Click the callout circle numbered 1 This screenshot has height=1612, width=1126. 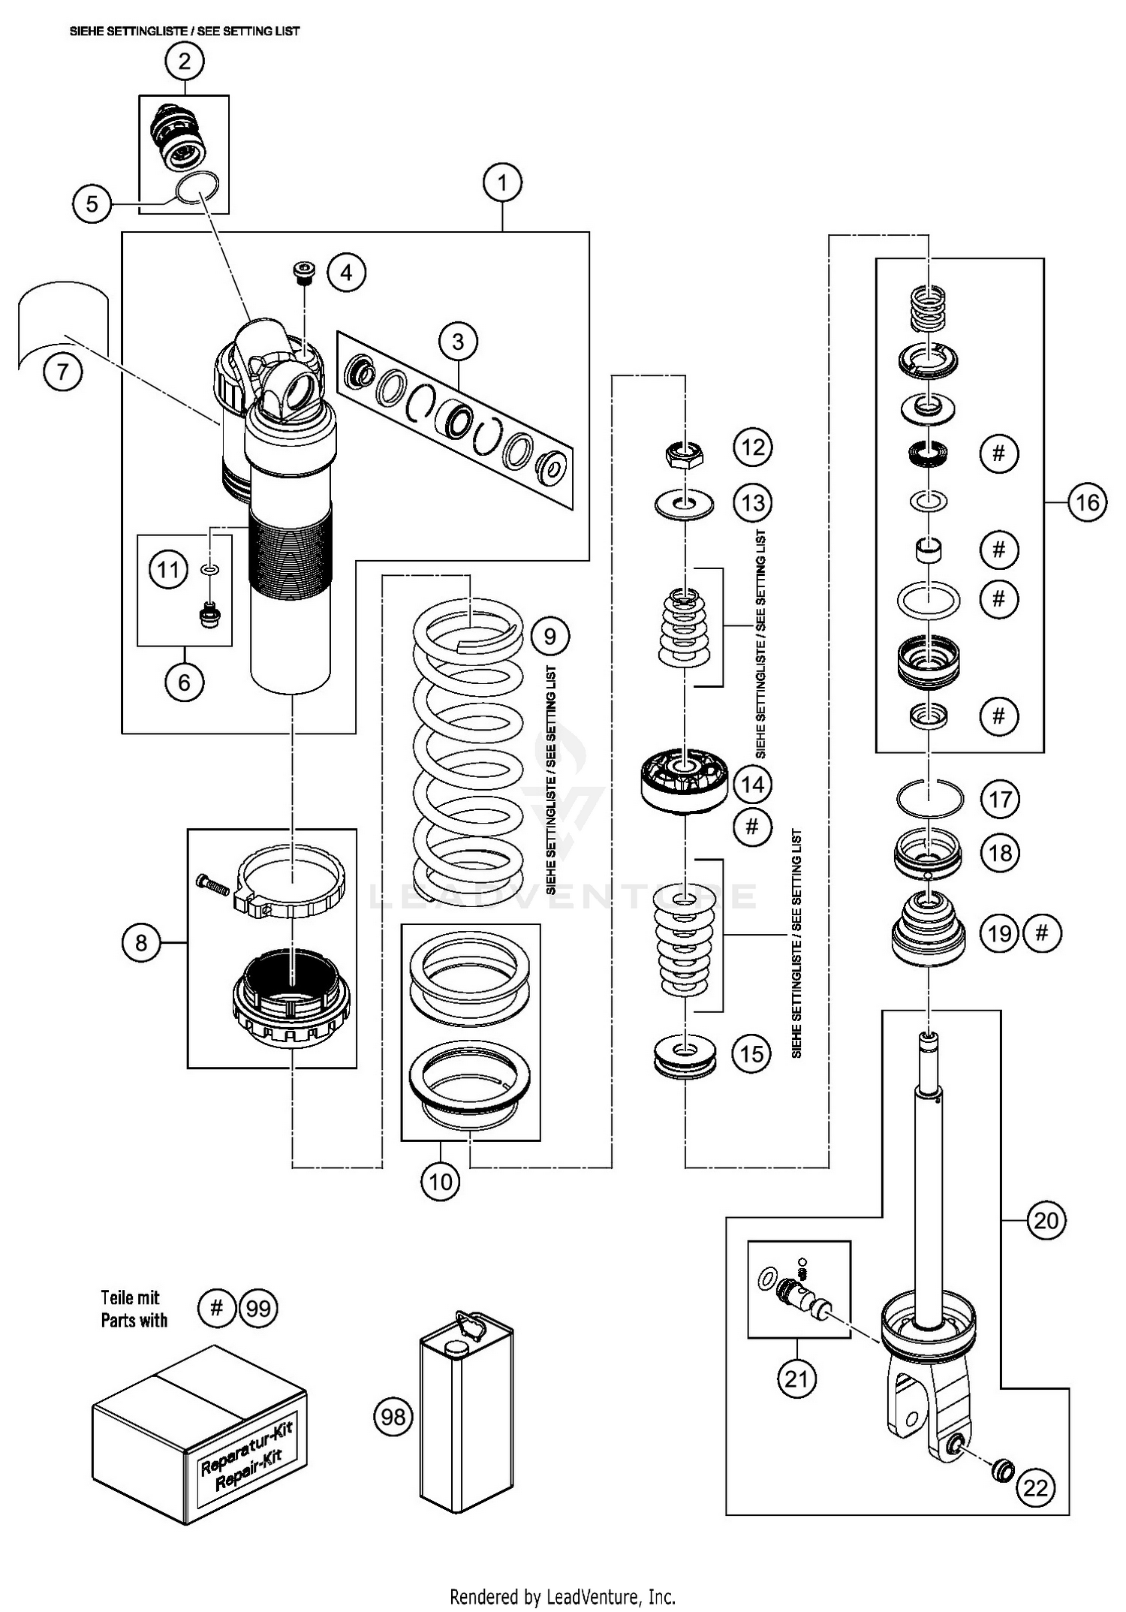tap(502, 182)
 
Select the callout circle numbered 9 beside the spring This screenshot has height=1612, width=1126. tap(549, 637)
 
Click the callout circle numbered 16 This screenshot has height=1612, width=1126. tap(1087, 502)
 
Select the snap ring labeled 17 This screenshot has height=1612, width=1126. tap(929, 799)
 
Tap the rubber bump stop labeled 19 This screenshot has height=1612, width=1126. tap(928, 930)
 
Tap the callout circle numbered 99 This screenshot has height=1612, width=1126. tap(258, 1309)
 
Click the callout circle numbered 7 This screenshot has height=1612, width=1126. tap(62, 372)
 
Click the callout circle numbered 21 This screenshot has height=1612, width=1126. tap(796, 1378)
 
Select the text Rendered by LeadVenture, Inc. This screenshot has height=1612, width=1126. tap(562, 1596)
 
